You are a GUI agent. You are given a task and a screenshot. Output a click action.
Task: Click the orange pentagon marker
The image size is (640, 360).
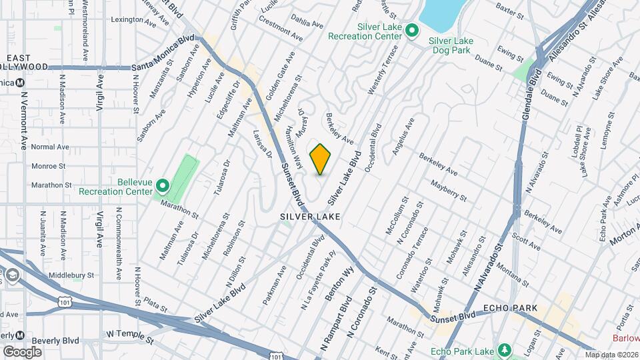(321, 159)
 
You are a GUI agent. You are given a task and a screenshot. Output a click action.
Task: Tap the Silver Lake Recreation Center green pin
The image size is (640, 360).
(412, 30)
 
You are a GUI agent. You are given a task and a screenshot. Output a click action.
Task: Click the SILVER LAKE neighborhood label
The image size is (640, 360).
(310, 217)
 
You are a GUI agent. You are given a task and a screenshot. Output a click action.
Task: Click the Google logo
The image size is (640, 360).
(23, 351)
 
